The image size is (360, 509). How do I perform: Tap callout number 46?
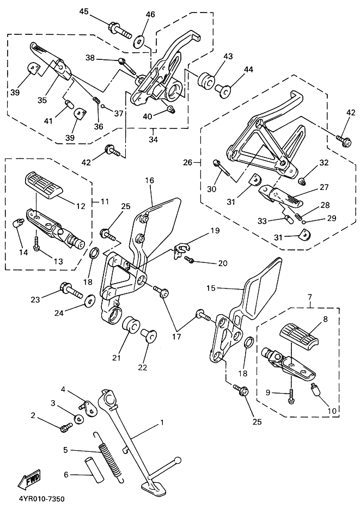pyautogui.click(x=150, y=15)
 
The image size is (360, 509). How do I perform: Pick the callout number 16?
pyautogui.click(x=150, y=180)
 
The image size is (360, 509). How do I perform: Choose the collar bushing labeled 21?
pyautogui.click(x=131, y=324)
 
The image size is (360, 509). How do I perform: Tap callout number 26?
pyautogui.click(x=188, y=162)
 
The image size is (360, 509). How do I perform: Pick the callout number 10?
pyautogui.click(x=332, y=410)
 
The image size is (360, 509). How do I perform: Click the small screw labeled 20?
pyautogui.click(x=189, y=259)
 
